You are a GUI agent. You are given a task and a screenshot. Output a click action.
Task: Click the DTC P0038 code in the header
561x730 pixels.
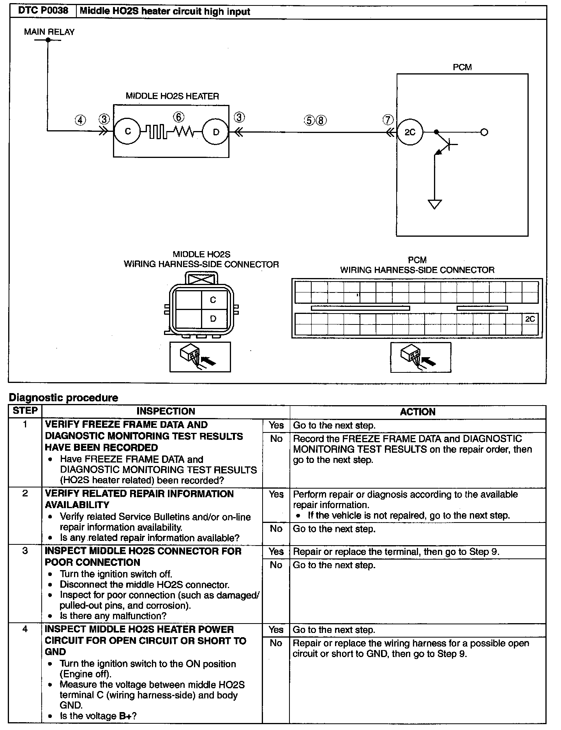click(x=43, y=11)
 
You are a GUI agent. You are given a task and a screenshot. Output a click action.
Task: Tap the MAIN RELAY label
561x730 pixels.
click(x=49, y=32)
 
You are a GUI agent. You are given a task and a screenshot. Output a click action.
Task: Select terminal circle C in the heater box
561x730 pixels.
click(x=128, y=132)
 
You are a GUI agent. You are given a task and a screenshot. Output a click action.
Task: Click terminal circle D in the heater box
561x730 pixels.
click(x=216, y=132)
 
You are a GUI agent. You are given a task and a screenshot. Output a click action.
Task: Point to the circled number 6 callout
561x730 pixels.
click(x=178, y=117)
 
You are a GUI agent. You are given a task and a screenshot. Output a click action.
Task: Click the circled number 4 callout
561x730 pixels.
click(x=80, y=120)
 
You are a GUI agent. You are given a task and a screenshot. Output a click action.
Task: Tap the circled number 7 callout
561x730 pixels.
click(x=388, y=120)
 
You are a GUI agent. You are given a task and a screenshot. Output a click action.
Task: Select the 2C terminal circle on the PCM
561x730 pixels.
click(x=410, y=132)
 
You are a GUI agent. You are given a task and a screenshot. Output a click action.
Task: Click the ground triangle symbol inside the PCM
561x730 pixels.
click(x=435, y=204)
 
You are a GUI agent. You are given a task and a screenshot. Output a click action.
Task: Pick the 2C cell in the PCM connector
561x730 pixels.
click(x=530, y=319)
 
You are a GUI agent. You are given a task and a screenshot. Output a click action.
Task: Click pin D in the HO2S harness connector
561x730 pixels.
click(x=213, y=319)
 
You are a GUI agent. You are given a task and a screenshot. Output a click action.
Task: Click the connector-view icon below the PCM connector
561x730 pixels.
click(x=421, y=357)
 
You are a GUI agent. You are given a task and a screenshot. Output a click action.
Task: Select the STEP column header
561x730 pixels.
click(x=25, y=411)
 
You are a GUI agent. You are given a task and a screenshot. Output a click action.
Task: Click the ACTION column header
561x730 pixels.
click(x=418, y=412)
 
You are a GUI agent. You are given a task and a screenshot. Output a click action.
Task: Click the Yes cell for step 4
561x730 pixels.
click(x=276, y=630)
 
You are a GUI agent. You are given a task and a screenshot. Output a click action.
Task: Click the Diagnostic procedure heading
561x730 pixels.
click(x=64, y=398)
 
